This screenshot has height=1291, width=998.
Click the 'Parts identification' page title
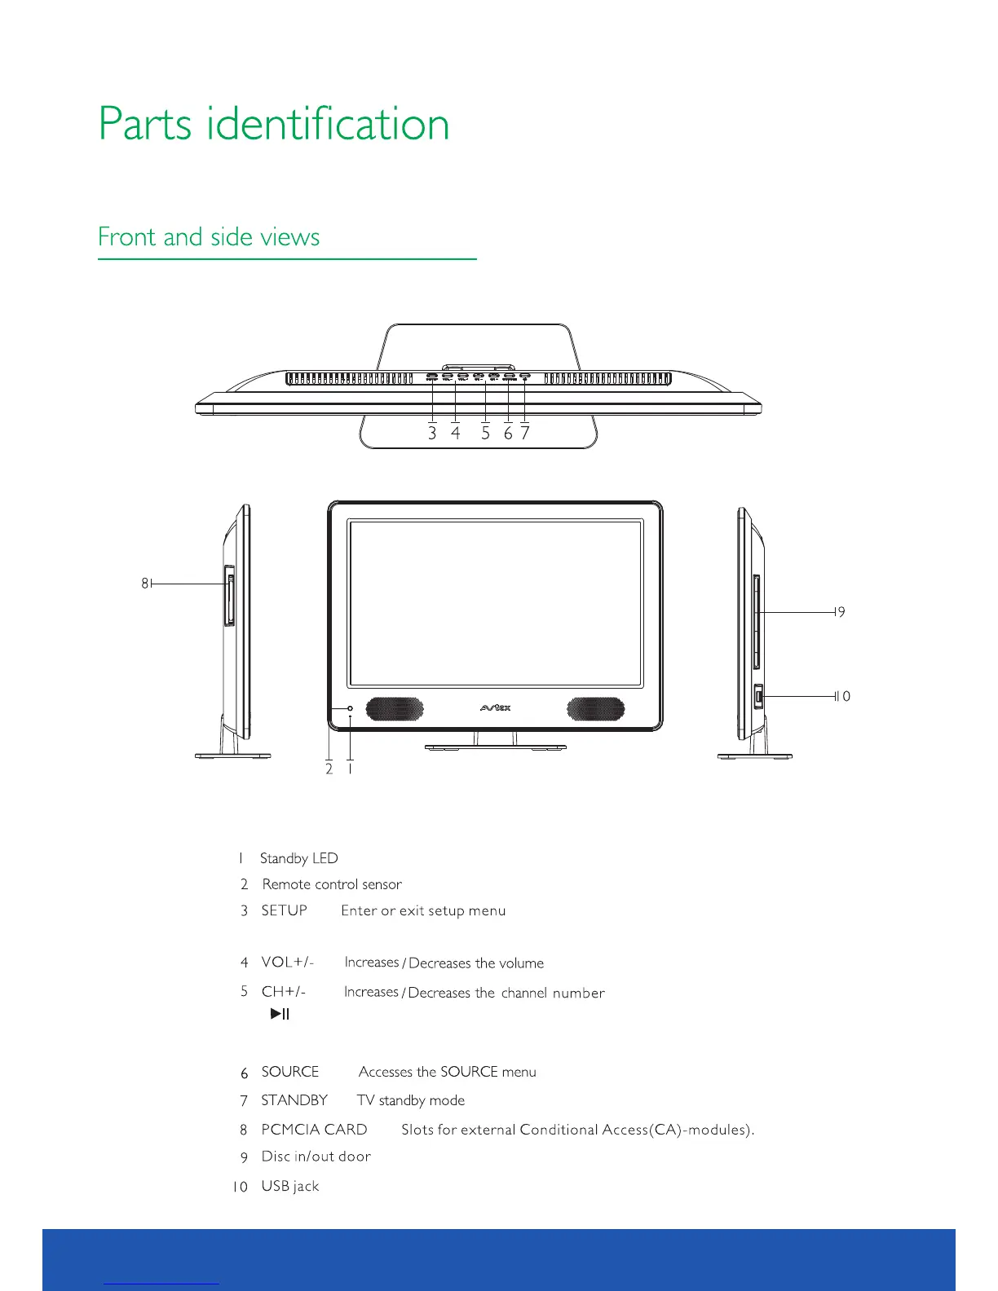(274, 124)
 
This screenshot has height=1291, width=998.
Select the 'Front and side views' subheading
(209, 237)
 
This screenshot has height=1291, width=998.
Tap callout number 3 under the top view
(432, 434)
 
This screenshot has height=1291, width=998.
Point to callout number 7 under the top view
(525, 434)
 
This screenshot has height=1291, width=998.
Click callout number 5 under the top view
(485, 434)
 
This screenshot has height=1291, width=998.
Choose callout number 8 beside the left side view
(144, 584)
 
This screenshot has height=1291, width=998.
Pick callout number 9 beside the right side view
(841, 612)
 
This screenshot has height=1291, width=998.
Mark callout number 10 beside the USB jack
(844, 696)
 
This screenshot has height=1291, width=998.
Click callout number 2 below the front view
(329, 769)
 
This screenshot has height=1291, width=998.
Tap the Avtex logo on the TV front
(495, 707)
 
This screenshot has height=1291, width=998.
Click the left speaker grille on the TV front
(395, 708)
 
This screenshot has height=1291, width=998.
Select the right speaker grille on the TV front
(596, 708)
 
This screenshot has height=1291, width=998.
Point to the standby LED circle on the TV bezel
(351, 708)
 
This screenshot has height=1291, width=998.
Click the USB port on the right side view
(757, 697)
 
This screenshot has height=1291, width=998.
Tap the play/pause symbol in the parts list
(280, 1014)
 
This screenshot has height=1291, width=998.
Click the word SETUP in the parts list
(284, 910)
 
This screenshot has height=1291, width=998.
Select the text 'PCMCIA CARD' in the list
(314, 1130)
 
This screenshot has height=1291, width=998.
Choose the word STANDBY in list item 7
(294, 1100)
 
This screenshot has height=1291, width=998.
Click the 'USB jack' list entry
(290, 1186)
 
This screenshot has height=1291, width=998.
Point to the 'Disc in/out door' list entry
(316, 1157)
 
